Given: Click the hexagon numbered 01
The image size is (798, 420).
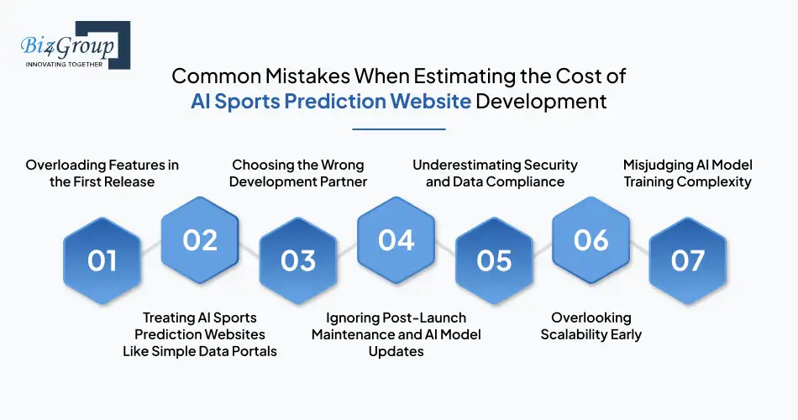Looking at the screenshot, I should coord(102,260).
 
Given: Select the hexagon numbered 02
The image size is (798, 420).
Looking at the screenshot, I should coord(200,240).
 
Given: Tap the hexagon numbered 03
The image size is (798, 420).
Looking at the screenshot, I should coord(298,260).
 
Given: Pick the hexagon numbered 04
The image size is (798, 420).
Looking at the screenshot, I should coord(396,240).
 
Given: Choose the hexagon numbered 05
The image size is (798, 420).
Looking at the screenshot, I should coord(494,260).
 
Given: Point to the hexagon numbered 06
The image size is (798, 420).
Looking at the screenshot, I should coord(591,240).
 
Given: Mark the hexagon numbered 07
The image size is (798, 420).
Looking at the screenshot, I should coord(688,260).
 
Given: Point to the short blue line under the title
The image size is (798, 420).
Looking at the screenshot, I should coord(399,129).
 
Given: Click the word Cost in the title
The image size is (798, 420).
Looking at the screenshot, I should coord(584,76).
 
